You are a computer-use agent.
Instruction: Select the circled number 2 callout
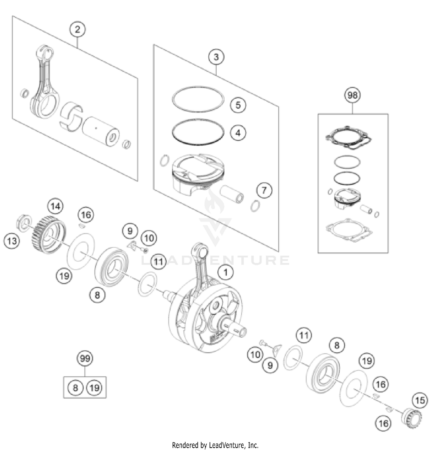pos(77,30)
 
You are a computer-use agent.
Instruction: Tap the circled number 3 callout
pos(216,57)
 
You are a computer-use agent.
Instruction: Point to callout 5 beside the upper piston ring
pos(238,105)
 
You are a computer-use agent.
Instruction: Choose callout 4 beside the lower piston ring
pos(238,133)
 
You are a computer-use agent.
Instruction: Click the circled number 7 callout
pos(264,190)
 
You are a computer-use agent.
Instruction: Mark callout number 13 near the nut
pos(12,240)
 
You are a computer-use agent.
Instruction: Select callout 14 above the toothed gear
pos(55,206)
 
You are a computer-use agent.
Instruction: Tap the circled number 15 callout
pos(420,400)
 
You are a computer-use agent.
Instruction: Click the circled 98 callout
pos(353,95)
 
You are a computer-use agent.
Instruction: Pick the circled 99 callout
pos(85,359)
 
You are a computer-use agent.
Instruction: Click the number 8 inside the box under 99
pos(75,388)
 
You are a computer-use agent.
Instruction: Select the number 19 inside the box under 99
pos(94,388)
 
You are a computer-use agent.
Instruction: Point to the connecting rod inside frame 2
pos(45,83)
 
